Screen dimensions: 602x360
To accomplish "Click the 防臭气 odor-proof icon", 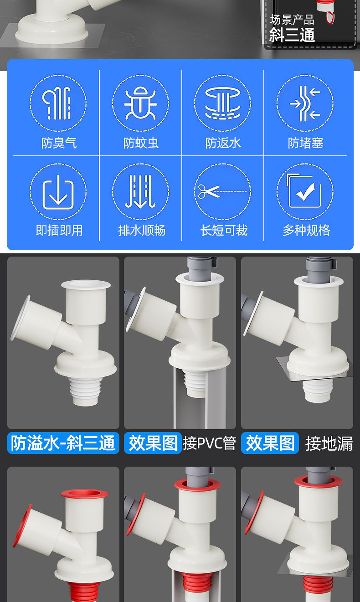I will (x=58, y=103).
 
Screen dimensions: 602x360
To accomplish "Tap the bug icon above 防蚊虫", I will (x=140, y=103).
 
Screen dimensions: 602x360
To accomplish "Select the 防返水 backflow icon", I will (x=222, y=103).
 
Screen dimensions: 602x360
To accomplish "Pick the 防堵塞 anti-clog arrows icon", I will (x=305, y=103).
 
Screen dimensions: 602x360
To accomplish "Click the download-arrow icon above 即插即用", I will (x=58, y=192).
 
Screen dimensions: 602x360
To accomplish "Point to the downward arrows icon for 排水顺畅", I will (x=140, y=192).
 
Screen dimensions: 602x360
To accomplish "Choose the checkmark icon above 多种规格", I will (x=305, y=192).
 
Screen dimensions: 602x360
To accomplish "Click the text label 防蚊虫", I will (x=141, y=143).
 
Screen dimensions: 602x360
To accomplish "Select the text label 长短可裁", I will (x=223, y=230).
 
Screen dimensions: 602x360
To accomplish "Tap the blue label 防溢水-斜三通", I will (x=63, y=443).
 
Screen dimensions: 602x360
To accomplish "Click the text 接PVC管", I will (x=209, y=443).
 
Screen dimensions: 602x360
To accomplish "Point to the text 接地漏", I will (x=329, y=443).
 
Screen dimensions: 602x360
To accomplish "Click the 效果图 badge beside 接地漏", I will (x=270, y=443).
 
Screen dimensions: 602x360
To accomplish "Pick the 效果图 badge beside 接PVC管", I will (x=153, y=443).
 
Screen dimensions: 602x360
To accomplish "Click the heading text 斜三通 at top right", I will (x=292, y=35).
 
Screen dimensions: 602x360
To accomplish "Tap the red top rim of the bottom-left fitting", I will (x=84, y=494).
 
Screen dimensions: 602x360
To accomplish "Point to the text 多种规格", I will (x=306, y=230).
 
